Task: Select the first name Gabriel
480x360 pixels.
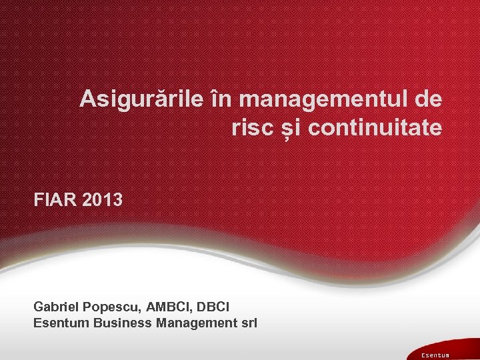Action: (57, 307)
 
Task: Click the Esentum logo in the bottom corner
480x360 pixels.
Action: (435, 355)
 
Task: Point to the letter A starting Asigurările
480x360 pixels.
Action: (87, 100)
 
